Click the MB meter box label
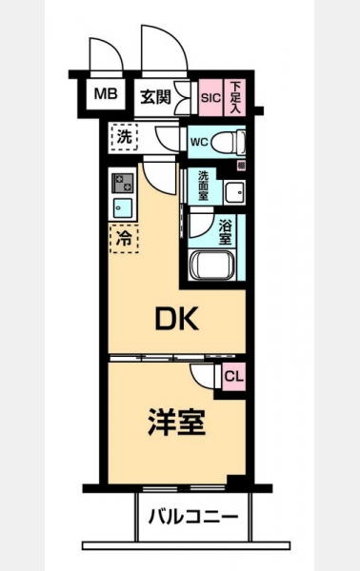(106, 94)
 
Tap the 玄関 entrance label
(155, 97)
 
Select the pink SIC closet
(210, 98)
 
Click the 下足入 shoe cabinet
(235, 98)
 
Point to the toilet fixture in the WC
(229, 142)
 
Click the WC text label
(199, 142)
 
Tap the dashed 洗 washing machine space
(124, 137)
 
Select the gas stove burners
(123, 183)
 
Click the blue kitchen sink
(123, 207)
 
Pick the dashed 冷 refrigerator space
(124, 239)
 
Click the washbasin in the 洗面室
(235, 192)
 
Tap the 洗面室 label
(203, 186)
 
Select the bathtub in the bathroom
(211, 265)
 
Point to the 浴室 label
(225, 232)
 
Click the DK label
(177, 319)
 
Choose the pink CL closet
(233, 377)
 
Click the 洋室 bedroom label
(177, 423)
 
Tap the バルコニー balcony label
(193, 517)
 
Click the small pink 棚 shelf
(241, 166)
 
